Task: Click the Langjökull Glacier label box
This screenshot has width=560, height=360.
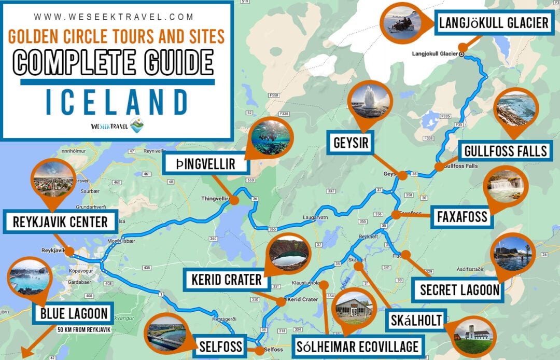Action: pyautogui.click(x=493, y=23)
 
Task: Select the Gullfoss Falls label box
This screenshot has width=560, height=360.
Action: pyautogui.click(x=506, y=151)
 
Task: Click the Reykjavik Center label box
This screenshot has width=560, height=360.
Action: pyautogui.click(x=61, y=222)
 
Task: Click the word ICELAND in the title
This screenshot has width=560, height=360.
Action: pyautogui.click(x=117, y=102)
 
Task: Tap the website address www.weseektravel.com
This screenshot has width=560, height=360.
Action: pyautogui.click(x=117, y=17)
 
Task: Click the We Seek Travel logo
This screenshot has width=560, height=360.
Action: pyautogui.click(x=117, y=126)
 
